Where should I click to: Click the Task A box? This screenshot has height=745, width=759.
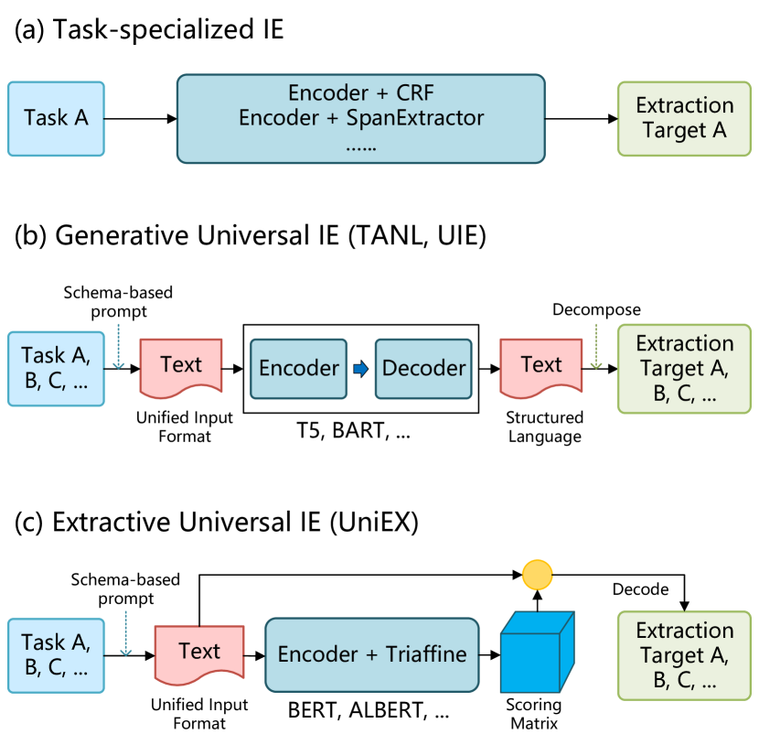point(57,119)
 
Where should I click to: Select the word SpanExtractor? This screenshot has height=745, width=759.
point(415,118)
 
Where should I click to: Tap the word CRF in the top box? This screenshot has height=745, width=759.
point(415,93)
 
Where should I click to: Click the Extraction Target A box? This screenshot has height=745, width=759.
point(684,119)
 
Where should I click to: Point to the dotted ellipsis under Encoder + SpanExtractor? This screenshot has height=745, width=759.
point(361,145)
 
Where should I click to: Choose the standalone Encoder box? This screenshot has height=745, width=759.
point(299,368)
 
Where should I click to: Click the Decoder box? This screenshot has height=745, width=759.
point(423,368)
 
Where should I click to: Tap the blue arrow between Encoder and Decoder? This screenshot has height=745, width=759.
point(361,369)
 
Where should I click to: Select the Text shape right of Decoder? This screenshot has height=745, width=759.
point(540,367)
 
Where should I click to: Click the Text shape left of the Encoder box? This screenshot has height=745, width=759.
point(181,367)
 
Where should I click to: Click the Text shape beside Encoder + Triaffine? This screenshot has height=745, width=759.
point(199,653)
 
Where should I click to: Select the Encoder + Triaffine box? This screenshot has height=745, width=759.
point(372,654)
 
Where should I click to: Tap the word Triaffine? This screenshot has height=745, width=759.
point(426,654)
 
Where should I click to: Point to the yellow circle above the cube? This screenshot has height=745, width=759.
point(537,575)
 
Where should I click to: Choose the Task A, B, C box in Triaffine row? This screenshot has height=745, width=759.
point(57,654)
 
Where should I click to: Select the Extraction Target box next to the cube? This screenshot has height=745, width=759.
point(684,655)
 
